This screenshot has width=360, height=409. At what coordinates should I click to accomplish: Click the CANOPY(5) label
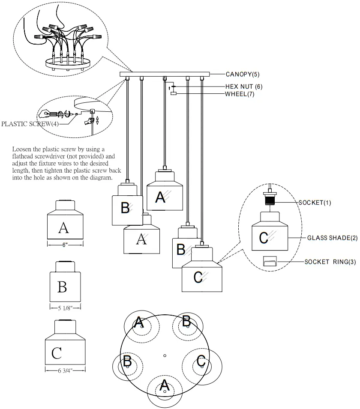pyautogui.click(x=243, y=75)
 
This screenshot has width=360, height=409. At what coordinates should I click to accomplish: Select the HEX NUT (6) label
pyautogui.click(x=244, y=87)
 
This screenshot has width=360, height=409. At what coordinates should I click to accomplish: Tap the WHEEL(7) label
pyautogui.click(x=240, y=94)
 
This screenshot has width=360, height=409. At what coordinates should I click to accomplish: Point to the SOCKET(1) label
pyautogui.click(x=315, y=203)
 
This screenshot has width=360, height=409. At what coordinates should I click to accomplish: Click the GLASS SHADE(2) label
pyautogui.click(x=332, y=238)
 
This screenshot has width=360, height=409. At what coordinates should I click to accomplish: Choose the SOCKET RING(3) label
pyautogui.click(x=330, y=262)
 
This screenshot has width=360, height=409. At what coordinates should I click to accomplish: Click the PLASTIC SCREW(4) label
pyautogui.click(x=30, y=124)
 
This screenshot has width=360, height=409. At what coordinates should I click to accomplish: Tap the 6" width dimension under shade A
pyautogui.click(x=65, y=245)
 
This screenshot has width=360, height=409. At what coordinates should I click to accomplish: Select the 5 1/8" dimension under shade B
pyautogui.click(x=65, y=308)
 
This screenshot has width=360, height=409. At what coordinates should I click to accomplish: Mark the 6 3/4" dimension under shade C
pyautogui.click(x=65, y=370)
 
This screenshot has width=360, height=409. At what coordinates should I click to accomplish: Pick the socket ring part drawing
pyautogui.click(x=270, y=261)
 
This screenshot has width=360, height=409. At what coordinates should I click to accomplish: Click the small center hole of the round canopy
pyautogui.click(x=165, y=355)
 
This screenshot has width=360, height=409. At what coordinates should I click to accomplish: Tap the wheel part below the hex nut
pyautogui.click(x=174, y=93)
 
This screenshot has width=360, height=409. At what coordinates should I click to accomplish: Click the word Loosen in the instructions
pyautogui.click(x=22, y=149)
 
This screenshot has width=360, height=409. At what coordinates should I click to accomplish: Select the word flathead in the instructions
pyautogui.click(x=22, y=156)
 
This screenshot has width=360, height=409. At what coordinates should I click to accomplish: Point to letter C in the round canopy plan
pyautogui.click(x=201, y=361)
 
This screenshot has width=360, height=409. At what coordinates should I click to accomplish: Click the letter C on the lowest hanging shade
pyautogui.click(x=198, y=277)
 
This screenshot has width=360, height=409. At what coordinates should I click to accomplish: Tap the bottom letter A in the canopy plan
pyautogui.click(x=164, y=385)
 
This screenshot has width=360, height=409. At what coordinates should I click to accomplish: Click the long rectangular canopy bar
pyautogui.click(x=165, y=75)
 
